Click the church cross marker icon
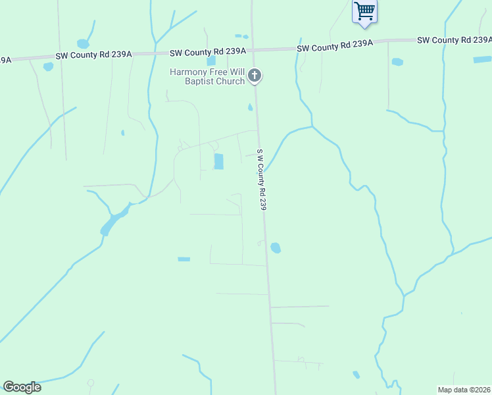click(x=255, y=76)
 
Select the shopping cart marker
click(x=364, y=11)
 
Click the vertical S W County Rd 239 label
click(x=262, y=180)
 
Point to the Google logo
click(x=22, y=387)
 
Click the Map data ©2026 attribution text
click(x=464, y=389)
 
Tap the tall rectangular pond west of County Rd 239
click(x=218, y=161)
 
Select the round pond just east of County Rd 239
click(x=276, y=248)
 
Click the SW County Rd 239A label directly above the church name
click(x=208, y=51)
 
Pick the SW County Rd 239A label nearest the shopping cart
click(x=335, y=47)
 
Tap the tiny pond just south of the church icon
click(x=250, y=107)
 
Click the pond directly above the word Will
click(x=211, y=61)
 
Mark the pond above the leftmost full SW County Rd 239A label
click(x=83, y=44)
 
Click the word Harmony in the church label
click(x=189, y=71)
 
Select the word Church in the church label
click(x=229, y=82)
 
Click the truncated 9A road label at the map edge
click(x=5, y=60)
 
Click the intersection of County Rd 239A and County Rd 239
click(x=254, y=49)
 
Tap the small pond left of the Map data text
click(x=356, y=375)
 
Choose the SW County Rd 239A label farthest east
click(x=454, y=41)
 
